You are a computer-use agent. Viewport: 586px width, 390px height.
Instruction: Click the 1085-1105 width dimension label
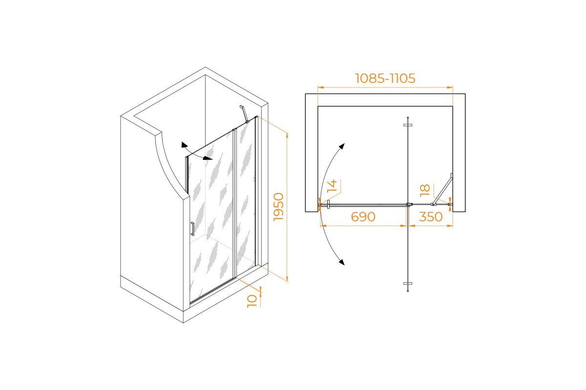pyautogui.click(x=385, y=78)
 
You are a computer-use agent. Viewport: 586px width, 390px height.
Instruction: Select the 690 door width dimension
pyautogui.click(x=363, y=216)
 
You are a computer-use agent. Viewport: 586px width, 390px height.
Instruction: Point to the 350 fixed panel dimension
pyautogui.click(x=431, y=216)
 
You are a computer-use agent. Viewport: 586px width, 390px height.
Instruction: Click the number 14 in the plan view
pyautogui.click(x=332, y=185)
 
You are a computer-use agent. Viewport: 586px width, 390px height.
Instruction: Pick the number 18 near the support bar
pyautogui.click(x=425, y=190)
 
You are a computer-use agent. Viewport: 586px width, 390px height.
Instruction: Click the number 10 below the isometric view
pyautogui.click(x=252, y=301)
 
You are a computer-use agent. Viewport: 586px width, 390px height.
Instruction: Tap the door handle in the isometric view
pyautogui.click(x=192, y=229)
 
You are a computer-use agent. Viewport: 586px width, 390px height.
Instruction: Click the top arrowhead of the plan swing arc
pyautogui.click(x=341, y=146)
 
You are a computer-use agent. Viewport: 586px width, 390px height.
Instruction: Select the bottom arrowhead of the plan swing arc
pyautogui.click(x=341, y=262)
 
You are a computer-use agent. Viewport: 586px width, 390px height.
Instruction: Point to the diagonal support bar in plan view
pyautogui.click(x=442, y=189)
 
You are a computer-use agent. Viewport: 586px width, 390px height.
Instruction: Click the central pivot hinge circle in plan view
pyautogui.click(x=408, y=204)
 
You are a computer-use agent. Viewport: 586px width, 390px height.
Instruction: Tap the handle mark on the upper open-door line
pyautogui.click(x=408, y=125)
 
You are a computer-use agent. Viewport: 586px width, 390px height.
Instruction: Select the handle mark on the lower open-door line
pyautogui.click(x=408, y=283)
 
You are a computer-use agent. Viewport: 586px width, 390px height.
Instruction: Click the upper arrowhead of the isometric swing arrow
pyautogui.click(x=185, y=145)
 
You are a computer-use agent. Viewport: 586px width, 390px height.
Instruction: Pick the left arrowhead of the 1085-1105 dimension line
pyautogui.click(x=321, y=87)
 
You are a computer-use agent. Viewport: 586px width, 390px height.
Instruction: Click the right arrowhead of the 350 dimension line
pyautogui.click(x=450, y=226)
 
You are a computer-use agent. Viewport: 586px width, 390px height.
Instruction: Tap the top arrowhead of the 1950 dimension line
pyautogui.click(x=287, y=136)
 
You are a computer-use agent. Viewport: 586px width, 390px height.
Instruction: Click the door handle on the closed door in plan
pyautogui.click(x=328, y=205)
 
